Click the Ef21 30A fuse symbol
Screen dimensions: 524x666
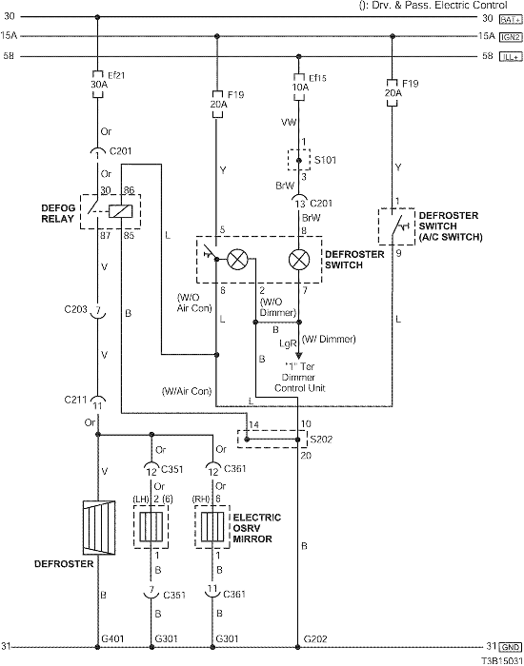98,84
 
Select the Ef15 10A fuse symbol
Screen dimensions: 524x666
299,88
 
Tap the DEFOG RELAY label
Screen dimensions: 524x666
58,213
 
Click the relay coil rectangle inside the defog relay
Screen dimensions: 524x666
120,211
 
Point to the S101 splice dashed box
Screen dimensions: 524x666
299,160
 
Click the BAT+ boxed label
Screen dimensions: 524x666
511,20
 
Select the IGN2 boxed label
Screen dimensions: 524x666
511,37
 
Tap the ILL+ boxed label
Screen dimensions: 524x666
511,57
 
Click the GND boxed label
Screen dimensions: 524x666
511,647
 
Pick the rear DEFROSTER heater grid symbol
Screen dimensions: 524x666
99,527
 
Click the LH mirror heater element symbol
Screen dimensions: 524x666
151,527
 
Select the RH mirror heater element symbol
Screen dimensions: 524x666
212,527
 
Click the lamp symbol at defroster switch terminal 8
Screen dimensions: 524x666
299,260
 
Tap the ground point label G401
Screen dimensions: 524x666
112,638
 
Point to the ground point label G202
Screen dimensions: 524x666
315,638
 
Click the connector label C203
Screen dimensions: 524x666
75,309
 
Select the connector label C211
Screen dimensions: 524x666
75,400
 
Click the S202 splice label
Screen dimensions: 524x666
322,440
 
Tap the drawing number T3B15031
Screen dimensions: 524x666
502,661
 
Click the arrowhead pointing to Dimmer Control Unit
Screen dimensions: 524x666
299,356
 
